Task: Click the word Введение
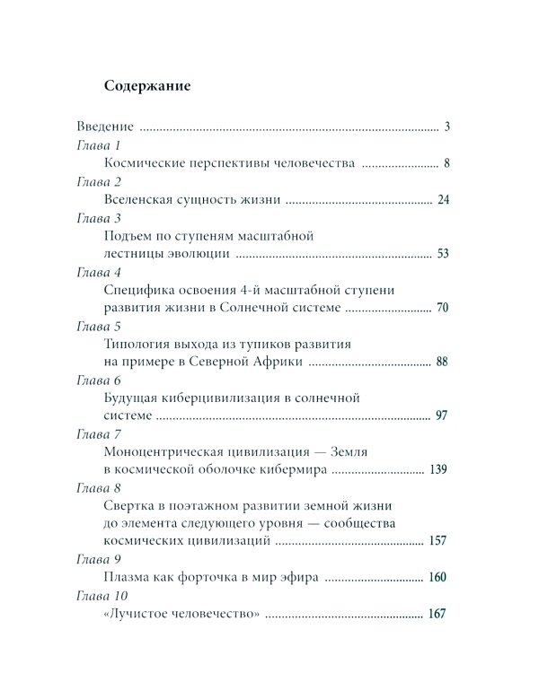[104, 127]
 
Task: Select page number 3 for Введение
[446, 127]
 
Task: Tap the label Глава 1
[99, 145]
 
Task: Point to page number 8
[446, 163]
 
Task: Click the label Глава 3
[99, 218]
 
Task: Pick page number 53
[442, 255]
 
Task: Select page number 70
[442, 309]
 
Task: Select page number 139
[438, 469]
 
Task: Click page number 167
[438, 615]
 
